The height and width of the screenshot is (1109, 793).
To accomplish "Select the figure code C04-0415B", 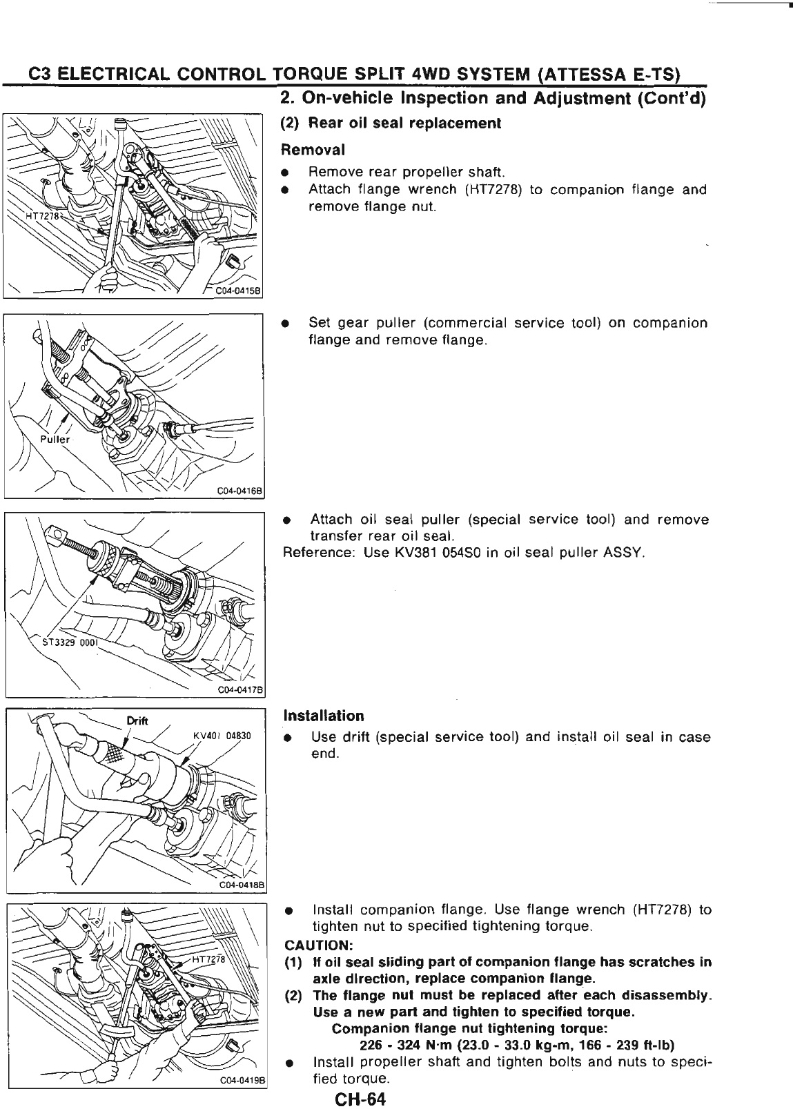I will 236,291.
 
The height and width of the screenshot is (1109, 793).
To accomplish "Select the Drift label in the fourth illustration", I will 139,721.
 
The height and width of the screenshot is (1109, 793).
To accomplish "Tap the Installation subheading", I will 324,716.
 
